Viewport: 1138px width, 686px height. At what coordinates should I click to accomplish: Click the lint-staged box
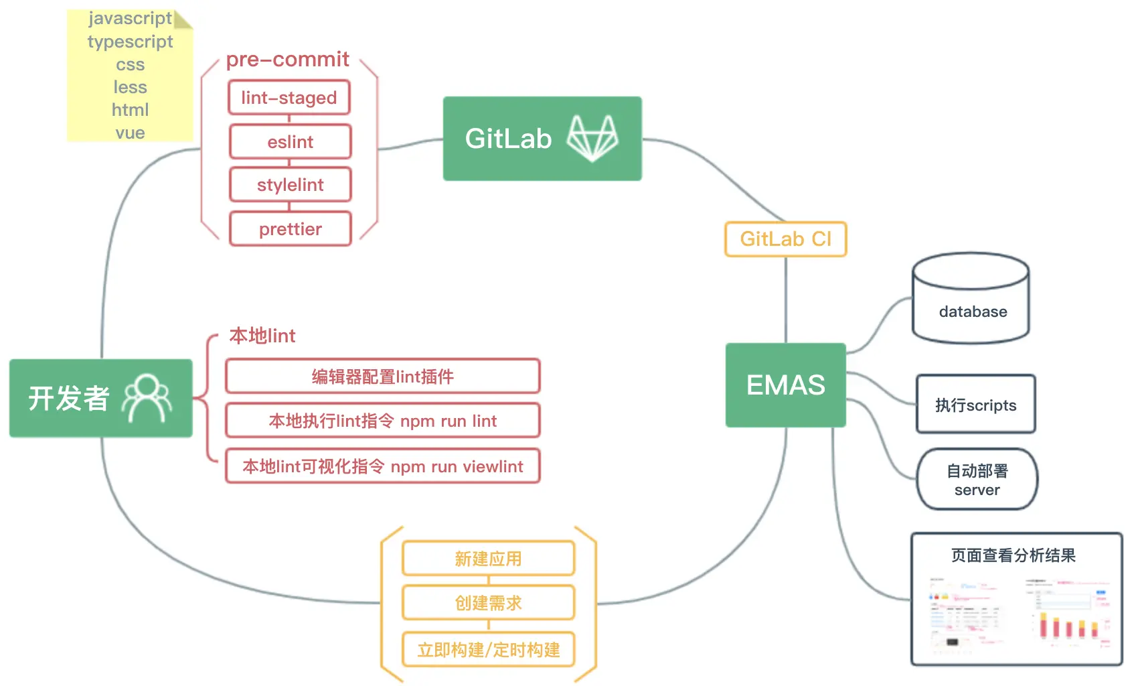289,98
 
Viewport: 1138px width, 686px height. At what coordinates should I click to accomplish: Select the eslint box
290,142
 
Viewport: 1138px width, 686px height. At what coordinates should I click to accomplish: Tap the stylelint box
290,185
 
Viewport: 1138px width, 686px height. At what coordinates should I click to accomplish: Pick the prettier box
290,229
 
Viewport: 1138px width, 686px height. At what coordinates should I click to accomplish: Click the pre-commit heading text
287,60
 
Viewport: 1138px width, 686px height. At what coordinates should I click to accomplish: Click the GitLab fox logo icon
592,138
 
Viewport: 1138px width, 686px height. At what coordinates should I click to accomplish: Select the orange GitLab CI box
785,239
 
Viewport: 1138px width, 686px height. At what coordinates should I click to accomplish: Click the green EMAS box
785,385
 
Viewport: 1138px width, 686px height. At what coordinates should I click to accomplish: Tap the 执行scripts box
975,405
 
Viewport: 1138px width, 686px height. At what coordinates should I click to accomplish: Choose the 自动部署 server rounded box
977,480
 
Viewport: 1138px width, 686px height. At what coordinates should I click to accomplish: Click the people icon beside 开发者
147,398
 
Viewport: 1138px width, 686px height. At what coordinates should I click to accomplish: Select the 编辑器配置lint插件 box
382,376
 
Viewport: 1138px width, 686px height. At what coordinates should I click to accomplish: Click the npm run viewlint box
382,466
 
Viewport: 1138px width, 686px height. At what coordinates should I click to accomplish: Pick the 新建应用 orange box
488,559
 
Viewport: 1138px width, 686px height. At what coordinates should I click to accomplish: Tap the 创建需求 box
488,603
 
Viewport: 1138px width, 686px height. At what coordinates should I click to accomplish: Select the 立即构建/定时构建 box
488,650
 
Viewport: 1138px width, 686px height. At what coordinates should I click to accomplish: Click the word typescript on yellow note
130,42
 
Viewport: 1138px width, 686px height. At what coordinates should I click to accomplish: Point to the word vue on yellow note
130,133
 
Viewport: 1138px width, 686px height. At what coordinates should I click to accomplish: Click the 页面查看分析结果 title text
1013,555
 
